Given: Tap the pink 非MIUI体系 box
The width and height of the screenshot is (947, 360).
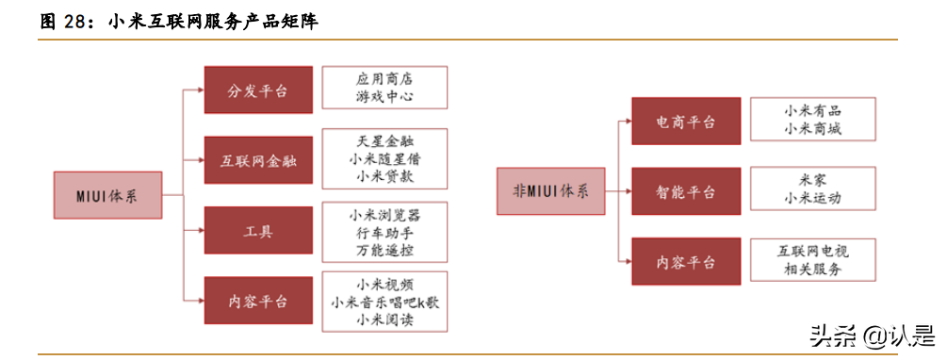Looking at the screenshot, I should (x=551, y=191).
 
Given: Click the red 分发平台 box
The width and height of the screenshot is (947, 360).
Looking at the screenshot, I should (x=257, y=90).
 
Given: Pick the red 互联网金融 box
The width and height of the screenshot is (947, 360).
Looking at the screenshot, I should (x=257, y=160).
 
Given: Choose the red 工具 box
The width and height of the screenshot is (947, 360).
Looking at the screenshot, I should (x=257, y=231).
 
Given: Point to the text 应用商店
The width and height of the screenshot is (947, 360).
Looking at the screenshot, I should (x=384, y=78).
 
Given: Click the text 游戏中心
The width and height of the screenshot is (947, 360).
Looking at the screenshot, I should (x=384, y=96).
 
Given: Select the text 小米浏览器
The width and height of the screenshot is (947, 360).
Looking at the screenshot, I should (x=384, y=215).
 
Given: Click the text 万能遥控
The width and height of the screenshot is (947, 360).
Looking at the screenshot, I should (x=384, y=251).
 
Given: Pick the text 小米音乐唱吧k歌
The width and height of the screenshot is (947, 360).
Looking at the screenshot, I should (x=384, y=302).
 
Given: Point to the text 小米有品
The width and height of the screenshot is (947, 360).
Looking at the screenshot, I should (x=812, y=110).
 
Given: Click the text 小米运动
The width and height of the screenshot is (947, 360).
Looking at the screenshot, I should (x=812, y=199).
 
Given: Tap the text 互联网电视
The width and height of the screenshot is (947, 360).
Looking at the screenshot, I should (x=812, y=252).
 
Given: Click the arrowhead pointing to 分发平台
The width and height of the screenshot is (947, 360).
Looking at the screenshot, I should (x=199, y=90).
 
